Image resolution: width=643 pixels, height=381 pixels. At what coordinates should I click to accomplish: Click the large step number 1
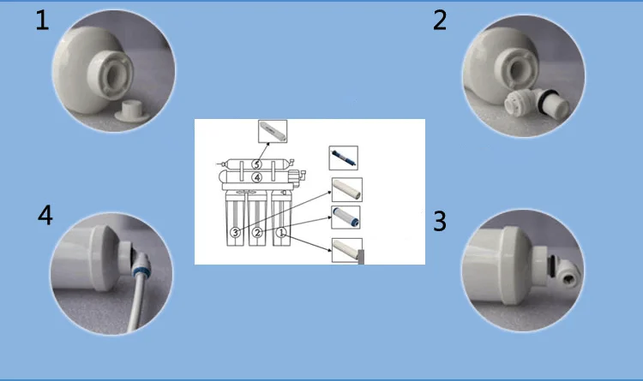tap(42, 21)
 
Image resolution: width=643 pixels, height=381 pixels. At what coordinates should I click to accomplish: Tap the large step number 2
tap(440, 21)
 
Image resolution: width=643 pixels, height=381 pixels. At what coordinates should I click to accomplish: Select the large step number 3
tap(440, 221)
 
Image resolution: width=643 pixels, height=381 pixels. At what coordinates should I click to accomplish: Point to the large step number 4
tap(45, 215)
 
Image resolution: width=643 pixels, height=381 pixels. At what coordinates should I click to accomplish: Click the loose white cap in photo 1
tap(132, 111)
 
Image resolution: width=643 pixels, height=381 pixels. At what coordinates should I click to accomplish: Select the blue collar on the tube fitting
tap(141, 271)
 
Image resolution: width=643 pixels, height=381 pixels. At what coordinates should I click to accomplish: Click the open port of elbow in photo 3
tap(568, 281)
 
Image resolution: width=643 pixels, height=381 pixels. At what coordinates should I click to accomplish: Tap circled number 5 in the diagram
tap(256, 164)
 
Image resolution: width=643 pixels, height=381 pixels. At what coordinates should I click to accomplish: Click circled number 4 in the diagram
tap(256, 177)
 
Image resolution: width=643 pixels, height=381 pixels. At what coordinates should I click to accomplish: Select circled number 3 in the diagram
tap(235, 232)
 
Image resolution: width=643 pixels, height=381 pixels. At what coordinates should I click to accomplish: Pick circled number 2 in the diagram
tap(257, 232)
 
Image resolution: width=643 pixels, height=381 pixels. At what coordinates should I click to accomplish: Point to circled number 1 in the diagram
tap(281, 232)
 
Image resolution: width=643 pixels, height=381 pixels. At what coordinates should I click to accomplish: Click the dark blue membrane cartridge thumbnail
tap(343, 158)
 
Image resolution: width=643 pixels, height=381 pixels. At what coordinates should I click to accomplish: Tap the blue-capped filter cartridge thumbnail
tap(346, 217)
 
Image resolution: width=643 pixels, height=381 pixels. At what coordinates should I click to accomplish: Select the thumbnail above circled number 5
tap(273, 131)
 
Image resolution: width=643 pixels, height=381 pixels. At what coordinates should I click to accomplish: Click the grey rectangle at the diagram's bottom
tap(361, 257)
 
